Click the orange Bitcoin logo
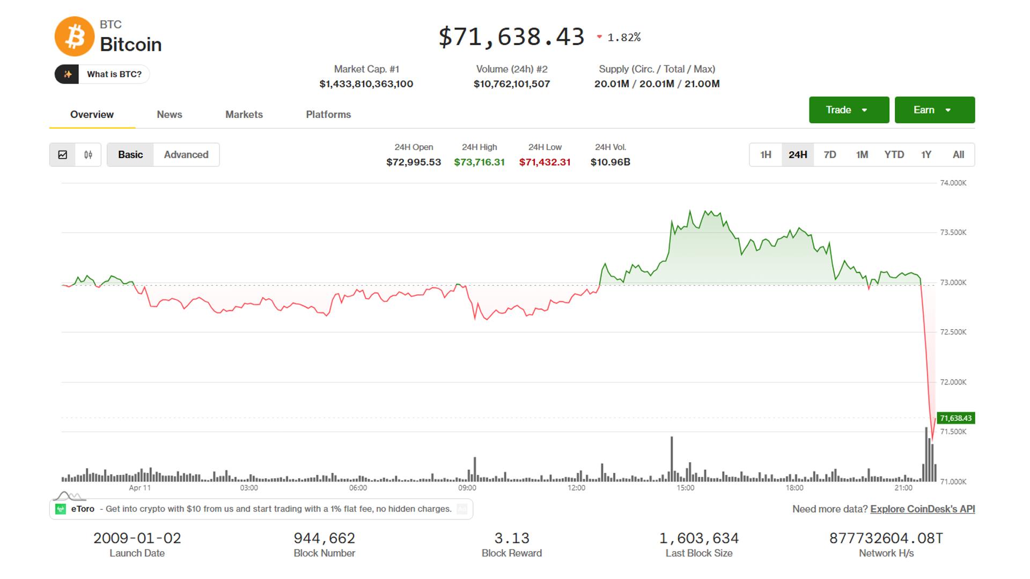tap(75, 36)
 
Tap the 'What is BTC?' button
tap(102, 74)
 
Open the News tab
tap(169, 114)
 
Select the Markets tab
tap(244, 114)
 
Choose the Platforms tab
tap(328, 114)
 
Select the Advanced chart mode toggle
tap(186, 154)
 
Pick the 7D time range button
tap(830, 154)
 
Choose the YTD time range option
tap(894, 154)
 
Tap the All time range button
tap(958, 154)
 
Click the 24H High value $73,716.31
tap(479, 162)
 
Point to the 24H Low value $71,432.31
tap(545, 162)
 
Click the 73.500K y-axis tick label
tap(953, 232)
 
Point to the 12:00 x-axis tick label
tap(576, 488)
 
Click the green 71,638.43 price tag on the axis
tap(955, 418)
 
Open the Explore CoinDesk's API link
tap(922, 509)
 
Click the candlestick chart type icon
tap(88, 154)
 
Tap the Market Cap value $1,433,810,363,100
tap(366, 84)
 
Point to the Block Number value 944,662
tap(324, 538)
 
